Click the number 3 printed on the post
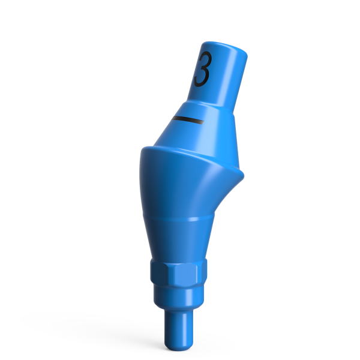(203, 70)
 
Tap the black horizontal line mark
(187, 121)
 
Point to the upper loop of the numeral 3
(203, 61)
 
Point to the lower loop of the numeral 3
(203, 77)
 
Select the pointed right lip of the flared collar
(243, 175)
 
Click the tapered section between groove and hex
(178, 240)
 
